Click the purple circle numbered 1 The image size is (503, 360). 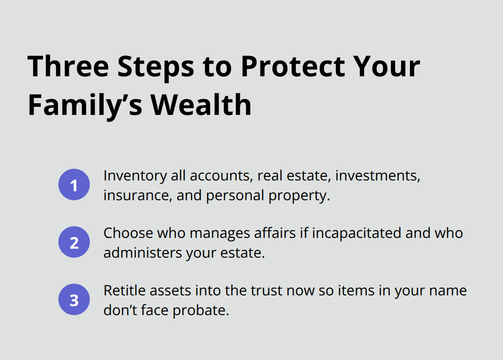point(74,184)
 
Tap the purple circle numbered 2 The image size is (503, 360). point(74,242)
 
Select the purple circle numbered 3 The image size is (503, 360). point(74,299)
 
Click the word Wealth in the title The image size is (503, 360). point(201,106)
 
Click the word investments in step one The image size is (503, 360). point(378,176)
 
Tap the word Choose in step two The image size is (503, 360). point(126,233)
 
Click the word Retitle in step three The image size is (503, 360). point(124,291)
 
